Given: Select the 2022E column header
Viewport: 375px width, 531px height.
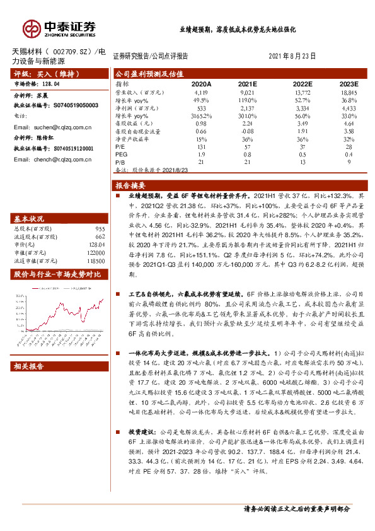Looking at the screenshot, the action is pos(303,83).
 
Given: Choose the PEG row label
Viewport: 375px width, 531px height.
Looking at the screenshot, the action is pos(120,155).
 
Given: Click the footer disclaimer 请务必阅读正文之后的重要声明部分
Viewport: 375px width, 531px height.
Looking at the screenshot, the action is pos(296,508).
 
